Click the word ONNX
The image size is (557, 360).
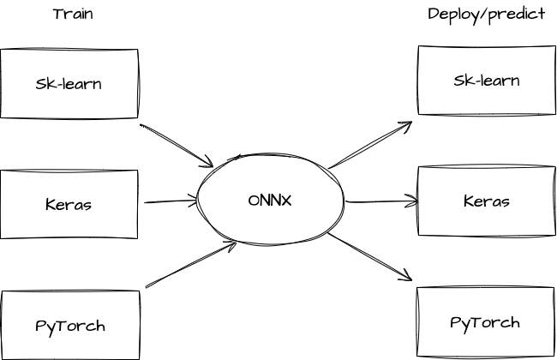(x=271, y=201)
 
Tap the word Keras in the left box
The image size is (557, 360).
(x=69, y=205)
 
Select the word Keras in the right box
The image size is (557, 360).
(x=486, y=202)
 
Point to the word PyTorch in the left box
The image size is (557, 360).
(x=70, y=327)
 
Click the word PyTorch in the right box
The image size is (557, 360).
(x=485, y=323)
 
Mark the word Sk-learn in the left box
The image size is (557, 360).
(x=69, y=85)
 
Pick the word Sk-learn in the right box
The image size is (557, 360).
(x=486, y=81)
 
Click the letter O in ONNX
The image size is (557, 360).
(x=254, y=201)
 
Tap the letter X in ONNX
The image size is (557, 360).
(x=289, y=201)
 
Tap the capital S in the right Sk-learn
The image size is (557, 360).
(x=458, y=81)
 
